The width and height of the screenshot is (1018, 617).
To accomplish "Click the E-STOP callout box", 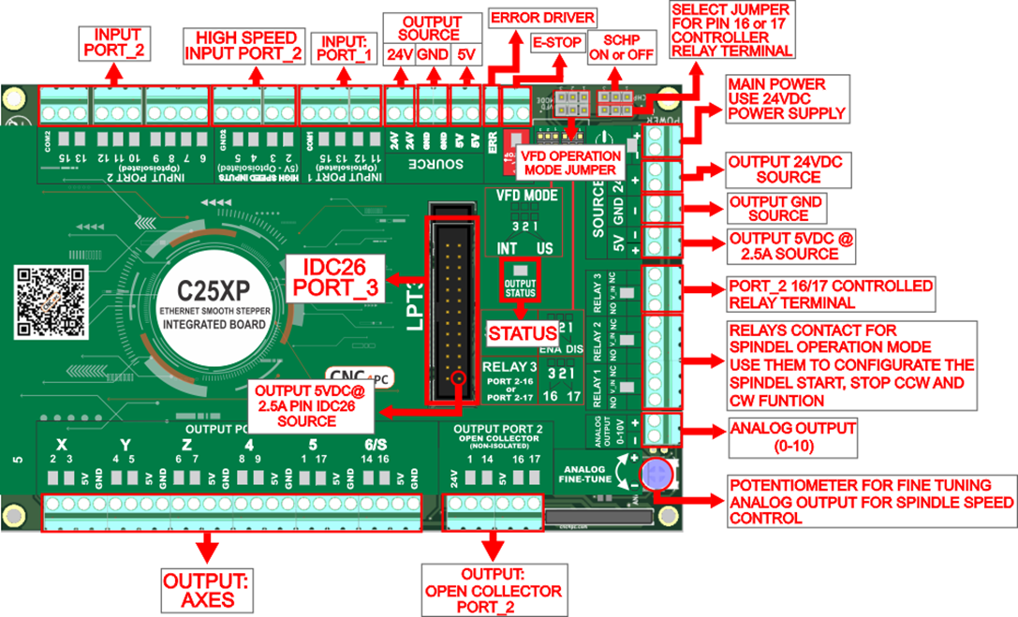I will coord(556,43).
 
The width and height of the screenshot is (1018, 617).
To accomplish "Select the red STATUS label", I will coord(518,332).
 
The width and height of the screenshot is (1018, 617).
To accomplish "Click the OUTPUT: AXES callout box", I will coord(204,586).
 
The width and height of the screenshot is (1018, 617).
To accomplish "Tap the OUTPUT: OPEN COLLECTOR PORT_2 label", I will coord(494,591).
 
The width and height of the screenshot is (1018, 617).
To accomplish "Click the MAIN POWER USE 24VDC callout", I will coord(787,100).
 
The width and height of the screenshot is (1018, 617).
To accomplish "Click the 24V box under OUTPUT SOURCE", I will coord(400,54).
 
